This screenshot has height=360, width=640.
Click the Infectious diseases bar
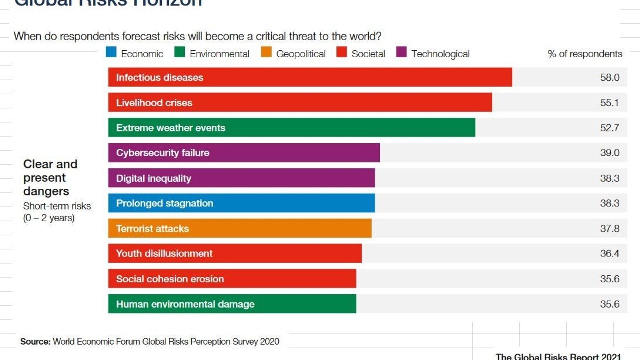(310, 77)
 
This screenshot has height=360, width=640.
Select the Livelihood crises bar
(300, 102)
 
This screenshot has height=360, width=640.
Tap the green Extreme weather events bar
(291, 128)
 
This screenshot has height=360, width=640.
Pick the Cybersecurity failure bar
(244, 153)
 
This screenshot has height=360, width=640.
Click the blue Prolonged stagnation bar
(241, 203)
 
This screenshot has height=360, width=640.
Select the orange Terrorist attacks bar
(240, 228)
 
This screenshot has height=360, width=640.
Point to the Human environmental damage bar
(232, 304)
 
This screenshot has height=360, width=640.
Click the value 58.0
(610, 77)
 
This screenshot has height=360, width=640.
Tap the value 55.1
(610, 103)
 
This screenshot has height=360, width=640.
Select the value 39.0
(610, 153)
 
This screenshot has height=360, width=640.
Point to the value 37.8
(610, 228)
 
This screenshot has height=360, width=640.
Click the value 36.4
(610, 253)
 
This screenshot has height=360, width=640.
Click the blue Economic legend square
(111, 52)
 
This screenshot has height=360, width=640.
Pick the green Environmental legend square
(180, 52)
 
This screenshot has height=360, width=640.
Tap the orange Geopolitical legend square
(266, 52)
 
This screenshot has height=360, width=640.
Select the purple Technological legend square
(401, 52)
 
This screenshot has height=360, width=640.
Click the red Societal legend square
(342, 52)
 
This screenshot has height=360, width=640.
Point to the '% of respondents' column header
(585, 54)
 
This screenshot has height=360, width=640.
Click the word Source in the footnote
(35, 342)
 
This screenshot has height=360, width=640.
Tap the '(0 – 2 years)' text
(49, 218)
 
